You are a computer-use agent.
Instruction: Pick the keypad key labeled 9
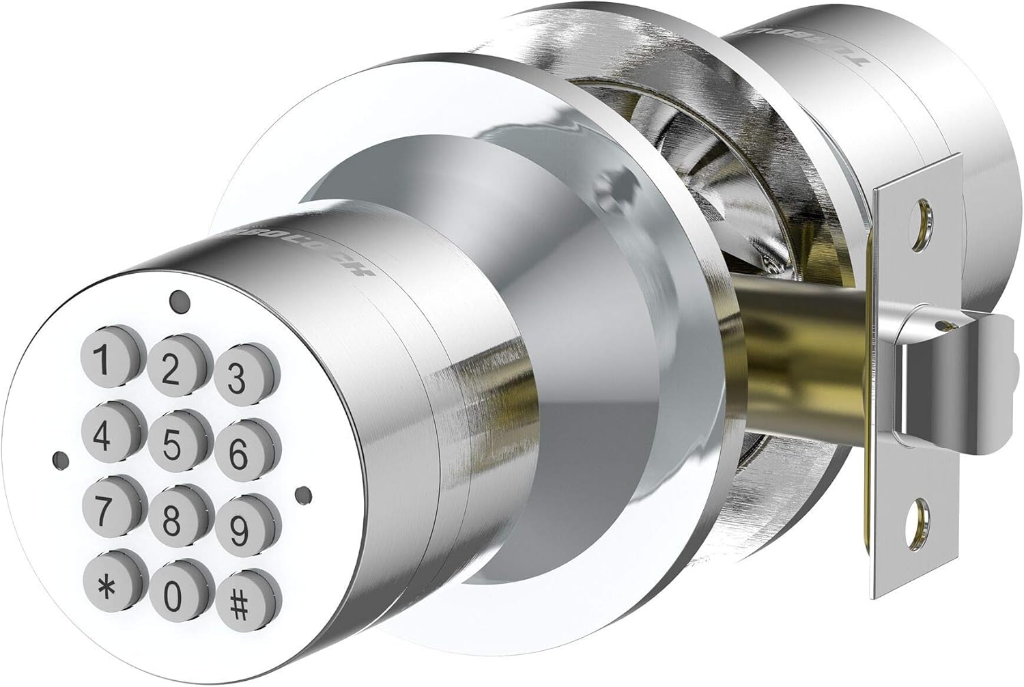pyautogui.click(x=238, y=528)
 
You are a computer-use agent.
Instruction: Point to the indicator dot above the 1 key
pyautogui.click(x=178, y=298)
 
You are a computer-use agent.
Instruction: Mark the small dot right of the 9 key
pyautogui.click(x=304, y=492)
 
